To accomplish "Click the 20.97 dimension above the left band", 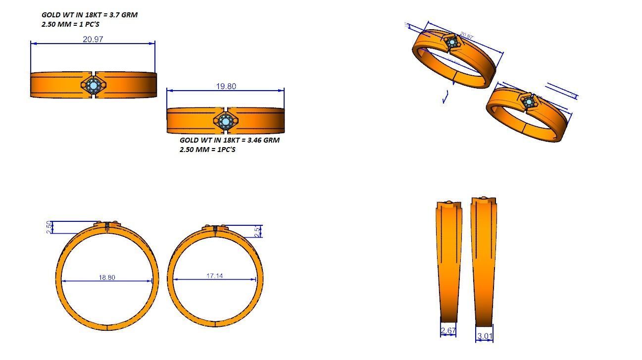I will (x=93, y=40).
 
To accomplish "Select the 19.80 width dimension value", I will (x=226, y=86).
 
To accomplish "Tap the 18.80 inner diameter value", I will (x=107, y=277).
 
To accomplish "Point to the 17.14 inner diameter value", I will (x=214, y=275).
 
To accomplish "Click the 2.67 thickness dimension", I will (x=448, y=331).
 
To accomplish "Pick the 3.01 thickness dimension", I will (x=485, y=337).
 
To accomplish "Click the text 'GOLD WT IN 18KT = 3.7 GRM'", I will (x=90, y=15).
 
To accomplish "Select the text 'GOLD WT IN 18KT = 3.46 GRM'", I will (x=229, y=140).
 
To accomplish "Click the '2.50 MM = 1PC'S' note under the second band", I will (x=207, y=149).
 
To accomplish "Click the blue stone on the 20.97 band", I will (x=94, y=86).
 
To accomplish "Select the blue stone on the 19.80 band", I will (x=226, y=121).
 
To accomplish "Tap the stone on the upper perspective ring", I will (x=452, y=43).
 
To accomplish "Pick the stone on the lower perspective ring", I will (x=529, y=102).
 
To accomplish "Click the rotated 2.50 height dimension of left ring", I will (x=49, y=227).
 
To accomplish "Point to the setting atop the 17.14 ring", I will (x=215, y=229).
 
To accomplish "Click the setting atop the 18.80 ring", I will (x=107, y=226).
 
